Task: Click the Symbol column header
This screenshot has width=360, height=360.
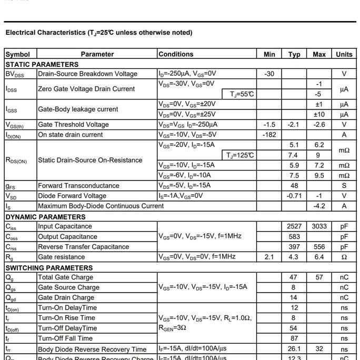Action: pos(18,54)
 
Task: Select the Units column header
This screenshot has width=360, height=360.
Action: pos(344,54)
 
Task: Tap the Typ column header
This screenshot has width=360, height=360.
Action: pos(294,54)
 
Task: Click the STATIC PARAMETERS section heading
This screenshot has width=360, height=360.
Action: pos(42,64)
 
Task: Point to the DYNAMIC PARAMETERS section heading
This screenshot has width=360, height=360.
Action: pos(45,216)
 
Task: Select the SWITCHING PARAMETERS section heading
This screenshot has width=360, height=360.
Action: pos(49,267)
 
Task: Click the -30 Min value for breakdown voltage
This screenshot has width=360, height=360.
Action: pos(269,74)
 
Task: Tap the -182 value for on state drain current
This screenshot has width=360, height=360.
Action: pos(269,135)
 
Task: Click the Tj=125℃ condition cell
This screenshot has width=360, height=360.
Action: pos(241,155)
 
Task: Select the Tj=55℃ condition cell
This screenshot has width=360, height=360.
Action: pos(242,94)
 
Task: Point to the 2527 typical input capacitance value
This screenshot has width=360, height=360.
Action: pos(294,226)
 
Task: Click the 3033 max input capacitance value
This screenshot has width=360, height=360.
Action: pos(319,226)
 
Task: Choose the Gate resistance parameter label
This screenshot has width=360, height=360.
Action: pos(61,257)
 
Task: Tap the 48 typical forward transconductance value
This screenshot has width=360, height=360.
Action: pos(294,186)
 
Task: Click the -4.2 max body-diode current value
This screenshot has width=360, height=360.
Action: pos(319,206)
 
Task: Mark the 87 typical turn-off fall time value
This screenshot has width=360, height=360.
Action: pos(294,338)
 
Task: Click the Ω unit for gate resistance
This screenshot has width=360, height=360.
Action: pos(344,257)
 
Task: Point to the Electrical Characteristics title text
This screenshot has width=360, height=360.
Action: pos(98,33)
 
